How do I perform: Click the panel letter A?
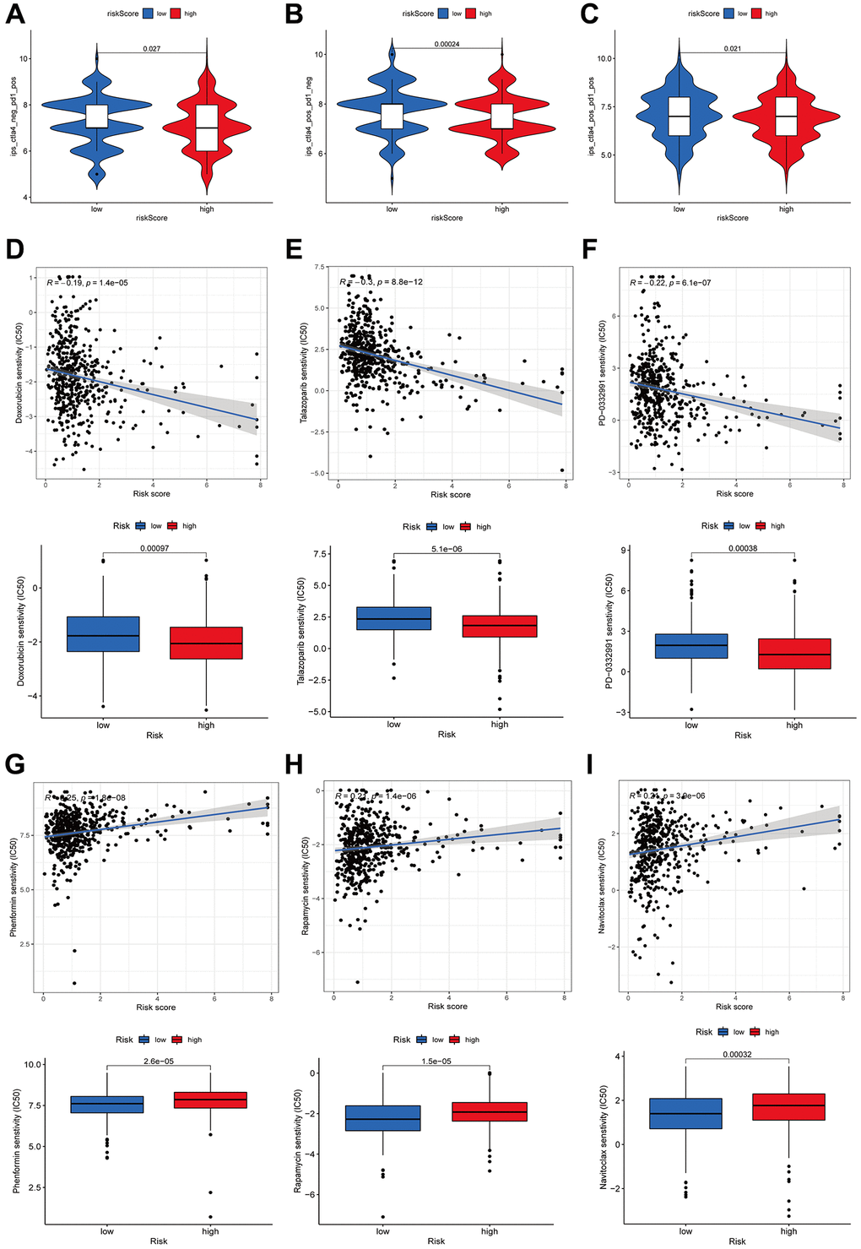pyautogui.click(x=15, y=16)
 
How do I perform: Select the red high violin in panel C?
pyautogui.click(x=786, y=118)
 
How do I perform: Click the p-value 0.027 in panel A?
pyautogui.click(x=152, y=49)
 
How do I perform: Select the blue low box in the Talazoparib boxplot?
pyautogui.click(x=393, y=618)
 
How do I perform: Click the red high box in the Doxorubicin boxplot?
pyautogui.click(x=206, y=643)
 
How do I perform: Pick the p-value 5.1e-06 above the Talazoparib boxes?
pyautogui.click(x=447, y=549)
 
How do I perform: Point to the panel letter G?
pyautogui.click(x=15, y=765)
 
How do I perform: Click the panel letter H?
pyautogui.click(x=294, y=765)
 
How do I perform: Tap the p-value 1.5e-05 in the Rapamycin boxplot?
pyautogui.click(x=436, y=1061)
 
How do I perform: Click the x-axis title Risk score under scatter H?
pyautogui.click(x=447, y=1007)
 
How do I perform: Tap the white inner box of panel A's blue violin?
pyautogui.click(x=97, y=117)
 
